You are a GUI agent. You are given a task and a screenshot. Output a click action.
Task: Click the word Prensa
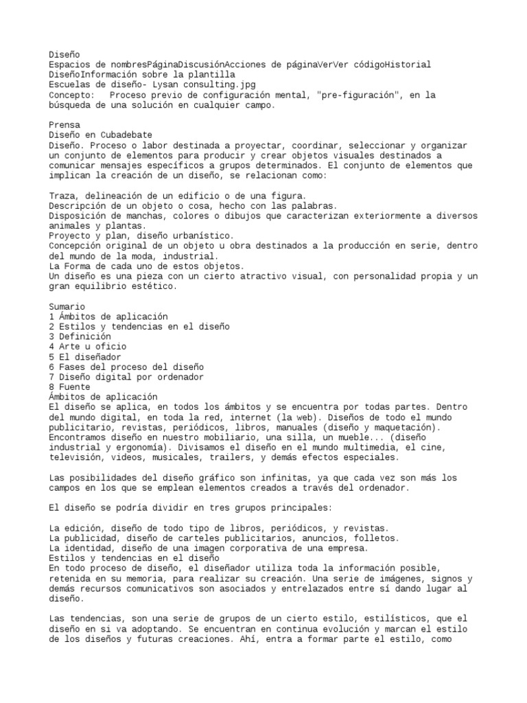[x=65, y=126]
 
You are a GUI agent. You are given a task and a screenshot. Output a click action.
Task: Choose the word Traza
[x=62, y=196]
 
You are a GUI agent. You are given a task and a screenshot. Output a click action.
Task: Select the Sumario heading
[x=67, y=306]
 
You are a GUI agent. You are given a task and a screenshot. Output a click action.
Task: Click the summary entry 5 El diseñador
[x=84, y=357]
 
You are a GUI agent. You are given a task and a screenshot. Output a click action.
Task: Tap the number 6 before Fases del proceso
[x=51, y=367]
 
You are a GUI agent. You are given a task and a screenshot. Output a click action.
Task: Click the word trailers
[x=243, y=457]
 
